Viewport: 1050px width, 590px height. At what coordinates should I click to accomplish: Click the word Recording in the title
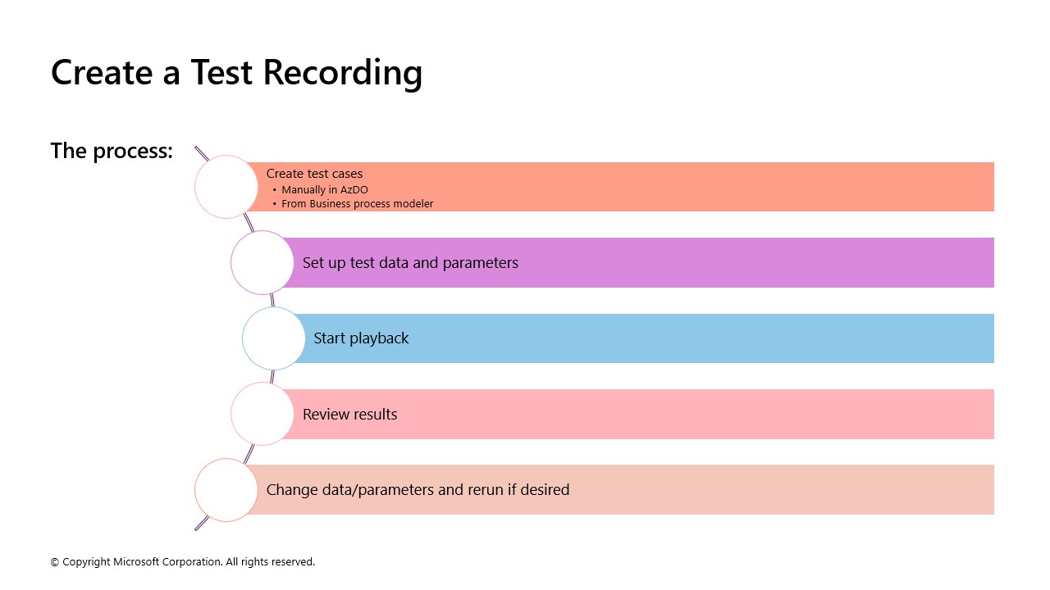(343, 73)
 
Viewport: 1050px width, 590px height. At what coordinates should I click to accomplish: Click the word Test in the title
(221, 72)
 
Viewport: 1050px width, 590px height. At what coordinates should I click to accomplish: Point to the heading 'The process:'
(112, 151)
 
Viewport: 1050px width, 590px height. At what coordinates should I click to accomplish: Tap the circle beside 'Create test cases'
(226, 187)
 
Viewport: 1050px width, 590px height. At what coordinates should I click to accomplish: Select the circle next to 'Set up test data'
(262, 263)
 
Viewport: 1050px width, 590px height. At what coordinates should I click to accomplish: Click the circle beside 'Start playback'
(274, 338)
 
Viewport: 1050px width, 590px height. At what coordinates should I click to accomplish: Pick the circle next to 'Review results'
(262, 414)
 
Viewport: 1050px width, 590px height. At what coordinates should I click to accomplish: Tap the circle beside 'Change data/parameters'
(226, 490)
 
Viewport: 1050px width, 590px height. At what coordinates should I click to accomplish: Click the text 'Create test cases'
(314, 174)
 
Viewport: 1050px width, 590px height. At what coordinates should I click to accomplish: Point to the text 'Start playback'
(361, 338)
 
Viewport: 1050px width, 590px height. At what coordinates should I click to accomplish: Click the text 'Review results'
(349, 415)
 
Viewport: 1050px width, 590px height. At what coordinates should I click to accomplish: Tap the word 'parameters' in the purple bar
(480, 264)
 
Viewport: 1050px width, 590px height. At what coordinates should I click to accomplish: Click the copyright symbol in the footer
(55, 562)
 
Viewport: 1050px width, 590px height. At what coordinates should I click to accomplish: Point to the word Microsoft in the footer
(136, 561)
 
